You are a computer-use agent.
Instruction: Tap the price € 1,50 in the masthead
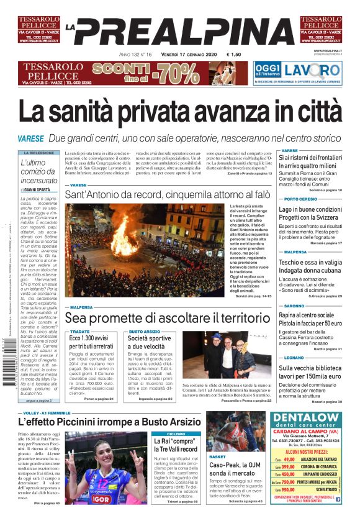(234, 55)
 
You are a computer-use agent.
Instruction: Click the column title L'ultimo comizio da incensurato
(38, 171)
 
